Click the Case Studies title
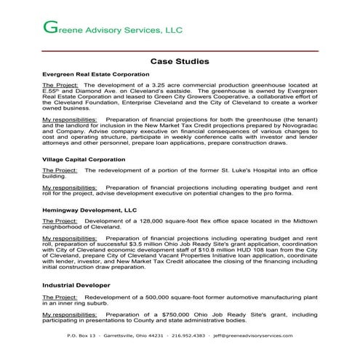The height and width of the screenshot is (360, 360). tap(180, 62)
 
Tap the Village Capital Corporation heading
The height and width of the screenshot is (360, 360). tap(79, 159)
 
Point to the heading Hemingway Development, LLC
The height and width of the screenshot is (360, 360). tap(89, 209)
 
